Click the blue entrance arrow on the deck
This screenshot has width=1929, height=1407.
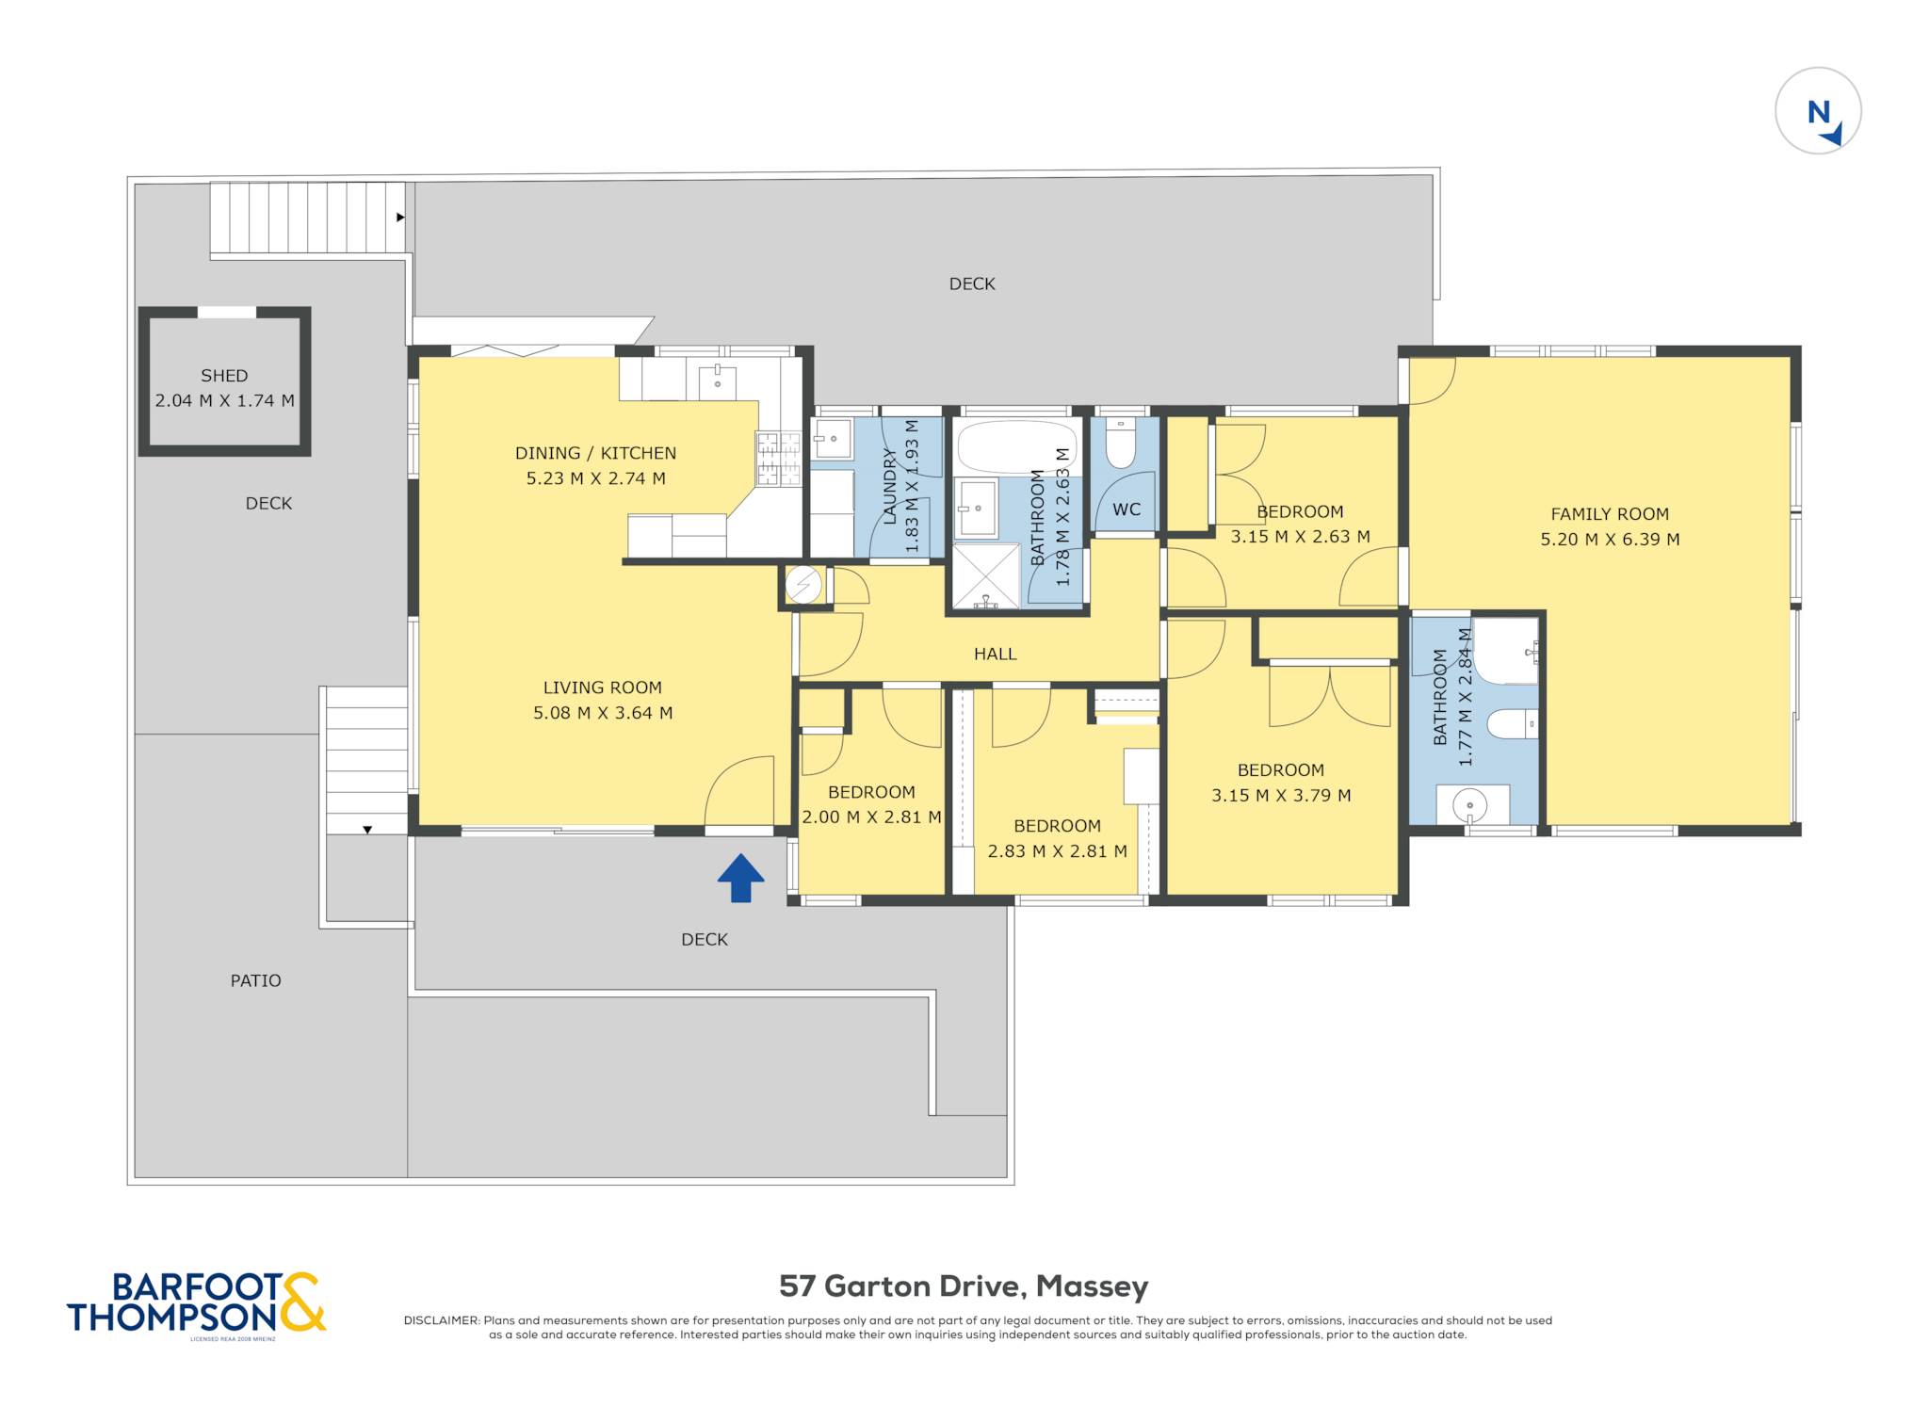coord(740,878)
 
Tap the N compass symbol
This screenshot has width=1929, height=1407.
coord(1818,111)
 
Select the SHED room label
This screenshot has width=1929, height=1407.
coord(224,376)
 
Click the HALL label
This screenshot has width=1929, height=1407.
coord(996,654)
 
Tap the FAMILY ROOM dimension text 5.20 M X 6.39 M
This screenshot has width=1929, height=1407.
coord(1610,540)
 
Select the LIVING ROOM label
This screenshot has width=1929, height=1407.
coord(603,687)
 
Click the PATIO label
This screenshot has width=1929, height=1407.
coord(256,980)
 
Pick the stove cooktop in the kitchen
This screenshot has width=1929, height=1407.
coord(778,459)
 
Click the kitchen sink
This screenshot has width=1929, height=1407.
coord(718,381)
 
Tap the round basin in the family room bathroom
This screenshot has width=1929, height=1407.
coord(1469,805)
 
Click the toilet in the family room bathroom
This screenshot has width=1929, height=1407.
coord(1512,724)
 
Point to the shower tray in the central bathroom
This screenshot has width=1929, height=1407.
coord(987,575)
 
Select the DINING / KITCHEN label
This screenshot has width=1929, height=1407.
coord(595,453)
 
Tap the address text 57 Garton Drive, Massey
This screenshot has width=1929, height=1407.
coord(964,1286)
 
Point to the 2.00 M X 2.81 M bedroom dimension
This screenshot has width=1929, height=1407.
coord(871,817)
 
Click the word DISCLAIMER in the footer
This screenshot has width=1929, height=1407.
coord(442,1320)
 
